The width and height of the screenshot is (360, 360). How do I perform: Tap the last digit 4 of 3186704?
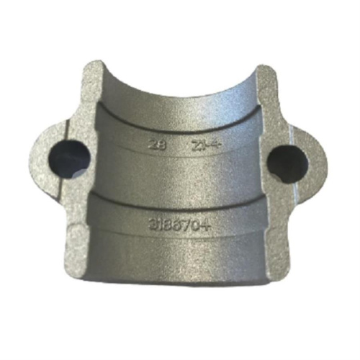point(213,222)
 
